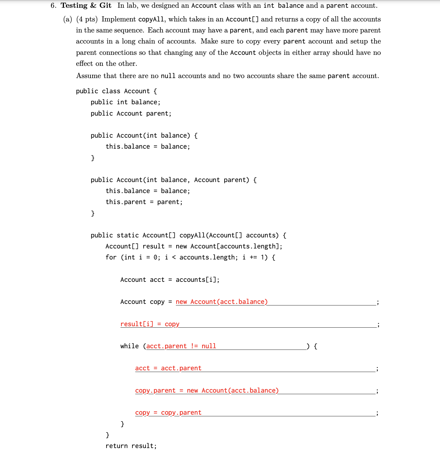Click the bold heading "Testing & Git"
tap(86, 6)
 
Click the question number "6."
tap(53, 6)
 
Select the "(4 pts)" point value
tap(87, 19)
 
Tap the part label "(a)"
tap(68, 19)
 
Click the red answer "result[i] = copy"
tap(150, 324)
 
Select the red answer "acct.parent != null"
tap(181, 346)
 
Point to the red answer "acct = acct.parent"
tap(168, 368)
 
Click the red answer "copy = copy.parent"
tap(168, 413)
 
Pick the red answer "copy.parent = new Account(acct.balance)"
tap(207, 390)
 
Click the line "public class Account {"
tap(116, 91)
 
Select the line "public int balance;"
tap(125, 102)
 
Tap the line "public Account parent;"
tap(131, 113)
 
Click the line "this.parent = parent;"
tap(144, 202)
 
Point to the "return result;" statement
tap(131, 446)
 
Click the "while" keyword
tap(129, 346)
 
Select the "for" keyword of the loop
tap(111, 257)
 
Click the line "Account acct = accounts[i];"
tap(170, 280)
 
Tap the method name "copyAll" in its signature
tap(192, 235)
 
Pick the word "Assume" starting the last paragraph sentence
tap(88, 76)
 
